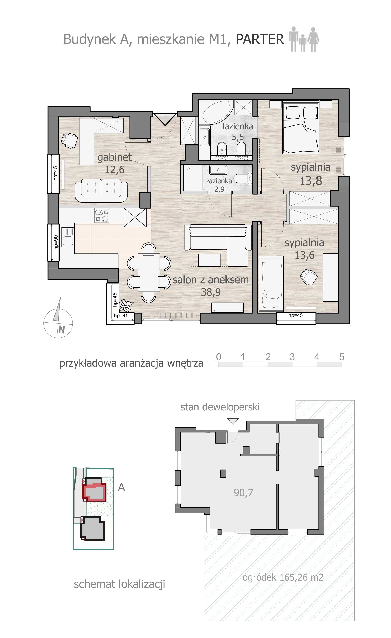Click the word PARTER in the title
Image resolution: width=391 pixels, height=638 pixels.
pos(260,39)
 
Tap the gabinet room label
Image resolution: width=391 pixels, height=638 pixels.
pos(114,157)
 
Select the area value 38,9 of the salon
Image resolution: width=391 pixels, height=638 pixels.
pos(211,292)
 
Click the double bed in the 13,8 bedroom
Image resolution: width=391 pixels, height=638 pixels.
pos(300,128)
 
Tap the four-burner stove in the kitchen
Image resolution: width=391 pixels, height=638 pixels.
pos(102,216)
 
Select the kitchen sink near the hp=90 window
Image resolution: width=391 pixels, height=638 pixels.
pos(68,237)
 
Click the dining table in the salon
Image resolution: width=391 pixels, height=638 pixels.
pos(149,272)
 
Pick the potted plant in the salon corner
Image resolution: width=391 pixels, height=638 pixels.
pos(126,305)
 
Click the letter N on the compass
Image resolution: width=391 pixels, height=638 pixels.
pos(62,330)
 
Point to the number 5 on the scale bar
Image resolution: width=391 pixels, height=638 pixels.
pos(342,357)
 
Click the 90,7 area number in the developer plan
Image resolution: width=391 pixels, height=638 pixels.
pos(243,492)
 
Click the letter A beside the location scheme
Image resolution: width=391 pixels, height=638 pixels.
pos(121,487)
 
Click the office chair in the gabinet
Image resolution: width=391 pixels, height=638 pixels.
pos(69,140)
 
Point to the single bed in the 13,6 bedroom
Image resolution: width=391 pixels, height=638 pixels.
pos(271,284)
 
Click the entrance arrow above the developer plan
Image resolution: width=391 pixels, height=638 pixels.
pos(233,421)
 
